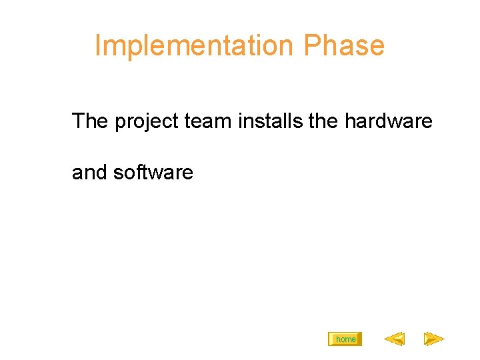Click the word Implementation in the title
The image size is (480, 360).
[194, 45]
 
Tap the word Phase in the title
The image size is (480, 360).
[344, 45]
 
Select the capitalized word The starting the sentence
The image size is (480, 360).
[90, 121]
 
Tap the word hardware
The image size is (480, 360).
[389, 121]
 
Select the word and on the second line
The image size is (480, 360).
[90, 173]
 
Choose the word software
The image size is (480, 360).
[153, 173]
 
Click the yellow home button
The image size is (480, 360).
[345, 339]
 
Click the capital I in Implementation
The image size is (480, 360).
[98, 45]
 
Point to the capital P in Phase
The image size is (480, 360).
[311, 45]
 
